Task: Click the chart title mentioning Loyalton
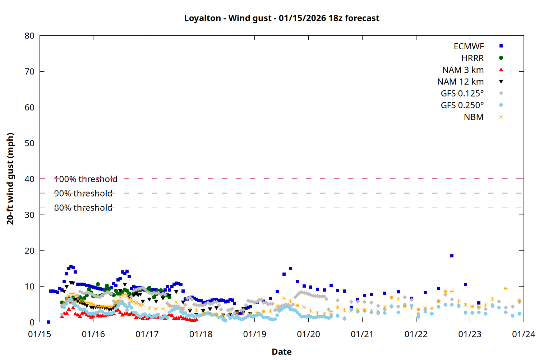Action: click(281, 18)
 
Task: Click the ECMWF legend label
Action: click(469, 46)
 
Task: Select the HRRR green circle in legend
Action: click(501, 58)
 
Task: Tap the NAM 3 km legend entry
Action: click(463, 70)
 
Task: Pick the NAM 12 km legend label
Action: click(460, 82)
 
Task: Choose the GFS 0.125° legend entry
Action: click(462, 94)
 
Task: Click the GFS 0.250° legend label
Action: click(462, 105)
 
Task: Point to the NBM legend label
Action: click(474, 117)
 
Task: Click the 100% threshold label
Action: click(86, 179)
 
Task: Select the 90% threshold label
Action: click(83, 193)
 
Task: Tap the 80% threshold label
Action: click(83, 208)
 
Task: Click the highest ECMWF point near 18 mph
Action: click(452, 256)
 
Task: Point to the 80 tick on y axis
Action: click(29, 36)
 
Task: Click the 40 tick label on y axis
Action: click(29, 179)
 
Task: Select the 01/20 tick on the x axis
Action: click(308, 334)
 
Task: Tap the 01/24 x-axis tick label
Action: click(523, 334)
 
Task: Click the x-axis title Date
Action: click(281, 352)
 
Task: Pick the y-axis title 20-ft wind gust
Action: click(10, 179)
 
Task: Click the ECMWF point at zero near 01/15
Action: click(49, 322)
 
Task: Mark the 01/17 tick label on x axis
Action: click(147, 334)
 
